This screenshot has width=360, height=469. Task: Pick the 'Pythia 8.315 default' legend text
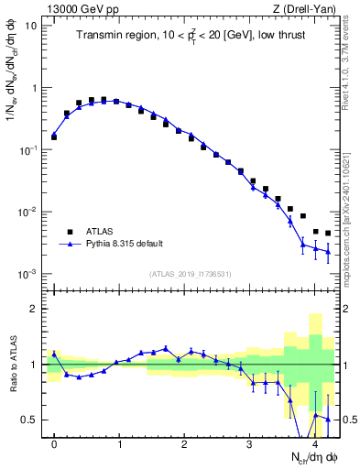pos(134,245)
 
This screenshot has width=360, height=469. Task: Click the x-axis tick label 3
pos(250,443)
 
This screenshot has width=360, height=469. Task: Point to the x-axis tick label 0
pos(54,443)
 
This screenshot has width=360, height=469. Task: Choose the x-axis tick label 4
pos(315,443)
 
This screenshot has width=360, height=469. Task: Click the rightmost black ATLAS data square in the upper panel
pos(328,234)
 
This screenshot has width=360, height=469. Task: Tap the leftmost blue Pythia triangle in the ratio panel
pos(54,354)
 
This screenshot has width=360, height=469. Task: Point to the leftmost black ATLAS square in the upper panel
pos(54,136)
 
